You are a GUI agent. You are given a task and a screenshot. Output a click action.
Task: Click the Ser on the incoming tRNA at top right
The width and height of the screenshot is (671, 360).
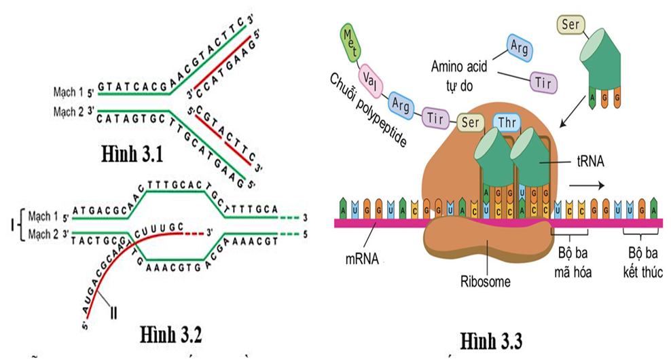pos(572,26)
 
